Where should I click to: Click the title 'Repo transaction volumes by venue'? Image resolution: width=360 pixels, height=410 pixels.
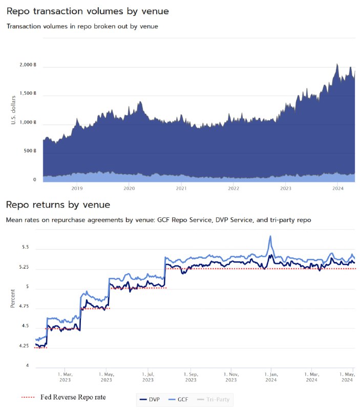88,11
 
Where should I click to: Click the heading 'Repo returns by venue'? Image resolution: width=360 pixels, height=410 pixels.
58,204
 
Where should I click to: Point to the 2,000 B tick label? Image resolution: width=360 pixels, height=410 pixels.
28,65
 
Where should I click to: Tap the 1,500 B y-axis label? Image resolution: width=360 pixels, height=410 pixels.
28,93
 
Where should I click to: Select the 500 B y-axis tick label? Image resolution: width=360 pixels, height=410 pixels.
30,151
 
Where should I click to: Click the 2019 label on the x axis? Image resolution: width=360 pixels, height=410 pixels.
77,188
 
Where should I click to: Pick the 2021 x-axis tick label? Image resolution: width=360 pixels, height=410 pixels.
181,188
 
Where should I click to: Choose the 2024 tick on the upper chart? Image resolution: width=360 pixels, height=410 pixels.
338,188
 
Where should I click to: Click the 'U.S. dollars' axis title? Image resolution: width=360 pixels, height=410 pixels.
13,110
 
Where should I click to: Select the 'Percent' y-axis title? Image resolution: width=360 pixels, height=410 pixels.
12,298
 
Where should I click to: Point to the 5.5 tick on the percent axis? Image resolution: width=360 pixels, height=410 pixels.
25,247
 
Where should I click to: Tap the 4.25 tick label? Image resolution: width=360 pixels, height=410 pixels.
24,346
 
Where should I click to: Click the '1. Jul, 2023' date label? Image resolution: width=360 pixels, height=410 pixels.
148,377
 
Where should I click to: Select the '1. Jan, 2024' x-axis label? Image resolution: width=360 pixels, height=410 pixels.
271,377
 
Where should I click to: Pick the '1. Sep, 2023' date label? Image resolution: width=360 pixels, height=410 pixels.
191,377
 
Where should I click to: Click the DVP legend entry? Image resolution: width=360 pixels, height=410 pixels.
150,400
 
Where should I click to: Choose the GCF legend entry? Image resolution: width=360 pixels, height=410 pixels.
178,400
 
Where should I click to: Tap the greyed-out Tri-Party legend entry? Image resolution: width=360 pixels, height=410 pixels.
213,400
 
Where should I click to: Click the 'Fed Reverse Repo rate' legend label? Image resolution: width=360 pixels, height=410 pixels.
73,397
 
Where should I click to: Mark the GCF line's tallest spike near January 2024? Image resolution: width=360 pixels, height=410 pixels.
270,236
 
